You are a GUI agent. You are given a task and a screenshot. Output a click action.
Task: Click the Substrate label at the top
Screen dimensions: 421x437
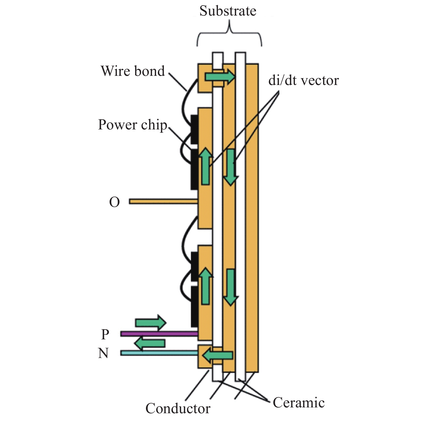point(228,11)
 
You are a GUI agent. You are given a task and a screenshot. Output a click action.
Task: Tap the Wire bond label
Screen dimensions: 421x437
point(133,71)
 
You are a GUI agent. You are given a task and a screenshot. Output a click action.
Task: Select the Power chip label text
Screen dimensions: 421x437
point(132,125)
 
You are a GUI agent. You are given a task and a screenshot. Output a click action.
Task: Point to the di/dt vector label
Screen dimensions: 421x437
point(303,81)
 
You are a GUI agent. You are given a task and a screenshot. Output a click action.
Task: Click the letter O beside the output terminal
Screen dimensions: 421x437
point(114,202)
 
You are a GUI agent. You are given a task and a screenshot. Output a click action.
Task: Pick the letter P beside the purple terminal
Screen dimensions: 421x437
point(105,334)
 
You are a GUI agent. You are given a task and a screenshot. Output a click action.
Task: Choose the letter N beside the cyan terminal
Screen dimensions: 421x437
point(103,353)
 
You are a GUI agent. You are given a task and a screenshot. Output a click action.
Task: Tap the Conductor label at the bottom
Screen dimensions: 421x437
point(178,409)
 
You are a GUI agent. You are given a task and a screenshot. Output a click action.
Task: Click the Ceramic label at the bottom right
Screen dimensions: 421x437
point(299,403)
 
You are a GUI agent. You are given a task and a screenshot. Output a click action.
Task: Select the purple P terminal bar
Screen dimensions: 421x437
point(159,334)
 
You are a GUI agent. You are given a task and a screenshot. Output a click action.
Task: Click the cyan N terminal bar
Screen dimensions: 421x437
point(159,353)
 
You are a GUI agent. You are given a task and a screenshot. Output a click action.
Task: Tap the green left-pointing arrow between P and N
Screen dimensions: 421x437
point(150,343)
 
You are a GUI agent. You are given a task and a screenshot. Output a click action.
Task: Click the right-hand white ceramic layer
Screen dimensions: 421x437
point(240,217)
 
